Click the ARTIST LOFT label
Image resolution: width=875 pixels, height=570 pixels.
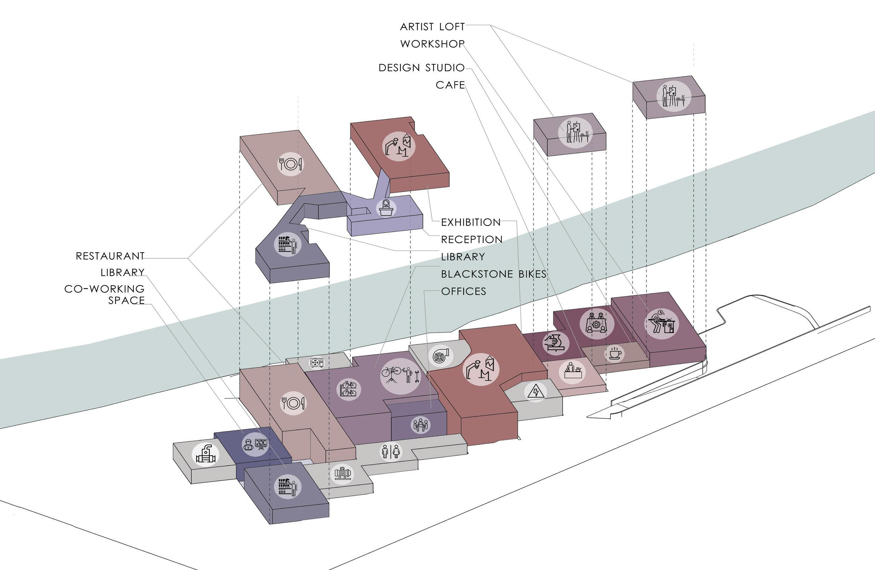[x=432, y=27]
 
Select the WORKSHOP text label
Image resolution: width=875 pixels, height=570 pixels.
[x=432, y=44]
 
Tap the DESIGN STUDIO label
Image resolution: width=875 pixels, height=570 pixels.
[x=421, y=68]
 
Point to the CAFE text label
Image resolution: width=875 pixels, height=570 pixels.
[x=450, y=85]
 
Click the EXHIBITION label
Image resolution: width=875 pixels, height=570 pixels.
[x=471, y=223]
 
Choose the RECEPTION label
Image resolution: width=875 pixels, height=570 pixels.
[x=472, y=240]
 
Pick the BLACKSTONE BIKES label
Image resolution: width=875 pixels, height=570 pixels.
[x=493, y=274]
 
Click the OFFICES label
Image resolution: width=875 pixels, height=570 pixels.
[x=464, y=292]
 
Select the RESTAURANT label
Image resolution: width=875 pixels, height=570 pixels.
[x=110, y=256]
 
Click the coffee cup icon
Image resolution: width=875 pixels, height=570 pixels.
[x=614, y=353]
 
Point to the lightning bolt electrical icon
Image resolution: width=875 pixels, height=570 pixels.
[x=535, y=391]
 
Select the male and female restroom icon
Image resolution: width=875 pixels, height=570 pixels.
[x=390, y=451]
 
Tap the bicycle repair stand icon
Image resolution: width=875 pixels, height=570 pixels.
[x=400, y=375]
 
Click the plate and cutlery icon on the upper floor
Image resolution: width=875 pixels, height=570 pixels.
[x=290, y=164]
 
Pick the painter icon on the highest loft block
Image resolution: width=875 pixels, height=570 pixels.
[x=673, y=96]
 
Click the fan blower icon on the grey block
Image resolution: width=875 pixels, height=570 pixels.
[x=440, y=356]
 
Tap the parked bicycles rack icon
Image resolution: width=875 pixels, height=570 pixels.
[x=348, y=389]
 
